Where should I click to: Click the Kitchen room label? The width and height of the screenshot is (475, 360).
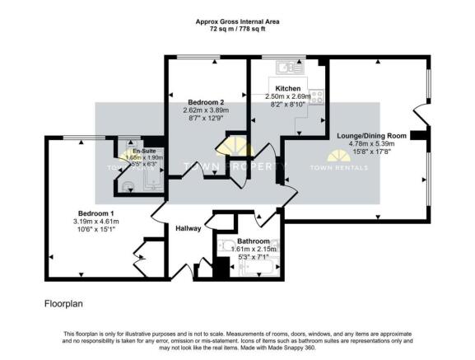click(287, 87)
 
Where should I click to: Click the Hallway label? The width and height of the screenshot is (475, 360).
click(188, 228)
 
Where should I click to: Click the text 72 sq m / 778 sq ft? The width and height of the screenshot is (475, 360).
click(237, 30)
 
